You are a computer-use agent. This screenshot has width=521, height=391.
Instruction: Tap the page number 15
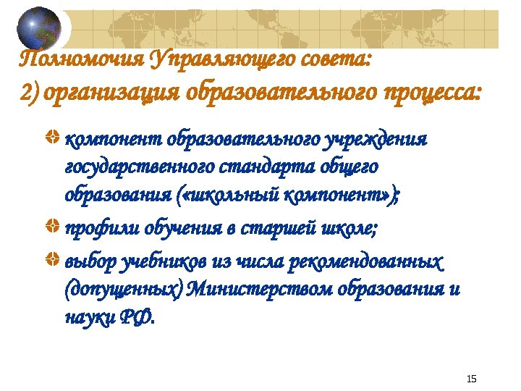tap(472, 379)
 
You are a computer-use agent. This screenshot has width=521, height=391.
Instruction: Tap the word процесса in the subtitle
tap(420, 93)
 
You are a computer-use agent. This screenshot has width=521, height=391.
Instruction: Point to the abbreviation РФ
tap(137, 319)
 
